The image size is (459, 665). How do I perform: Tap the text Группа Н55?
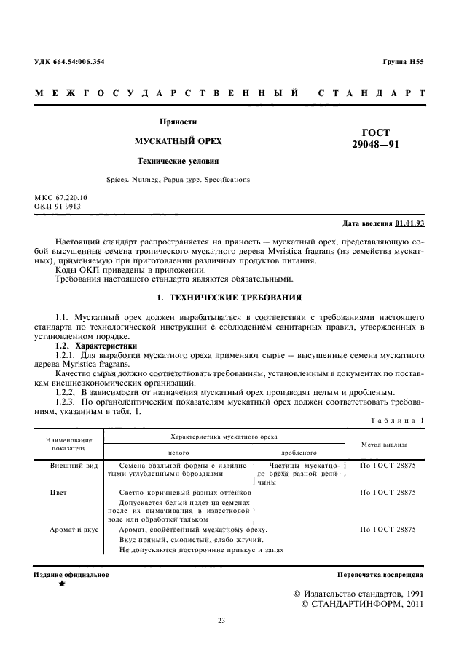pos(403,62)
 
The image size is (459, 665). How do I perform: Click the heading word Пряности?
pos(178,122)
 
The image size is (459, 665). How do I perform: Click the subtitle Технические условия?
pos(178,161)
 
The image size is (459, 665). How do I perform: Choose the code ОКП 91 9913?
pos(58,207)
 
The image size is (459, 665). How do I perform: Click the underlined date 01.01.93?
pos(410,223)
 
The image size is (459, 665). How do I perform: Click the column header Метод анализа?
pos(384,443)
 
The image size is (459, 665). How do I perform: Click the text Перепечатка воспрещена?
pos(380,575)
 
